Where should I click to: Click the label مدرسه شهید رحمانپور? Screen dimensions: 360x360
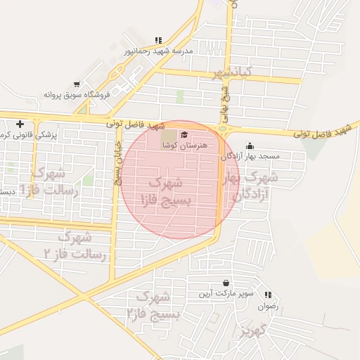[x=158, y=51]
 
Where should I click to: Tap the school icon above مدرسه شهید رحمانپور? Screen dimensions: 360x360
[x=158, y=40]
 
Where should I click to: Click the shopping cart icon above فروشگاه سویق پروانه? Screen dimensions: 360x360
[x=77, y=84]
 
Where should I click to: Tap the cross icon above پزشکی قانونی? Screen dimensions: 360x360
[x=20, y=124]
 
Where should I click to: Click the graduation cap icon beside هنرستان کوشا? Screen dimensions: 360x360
[x=185, y=135]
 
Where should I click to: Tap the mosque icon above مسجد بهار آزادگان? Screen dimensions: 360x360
[x=250, y=146]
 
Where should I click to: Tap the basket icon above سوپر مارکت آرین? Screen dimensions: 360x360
[x=225, y=283]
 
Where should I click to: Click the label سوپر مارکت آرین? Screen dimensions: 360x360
[x=224, y=292]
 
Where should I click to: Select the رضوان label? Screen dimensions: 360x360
[x=269, y=306]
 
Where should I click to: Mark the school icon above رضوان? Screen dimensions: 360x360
[x=268, y=295]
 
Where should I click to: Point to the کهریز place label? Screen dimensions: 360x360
[x=251, y=330]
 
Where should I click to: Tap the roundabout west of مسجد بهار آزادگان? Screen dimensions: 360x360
[x=224, y=128]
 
